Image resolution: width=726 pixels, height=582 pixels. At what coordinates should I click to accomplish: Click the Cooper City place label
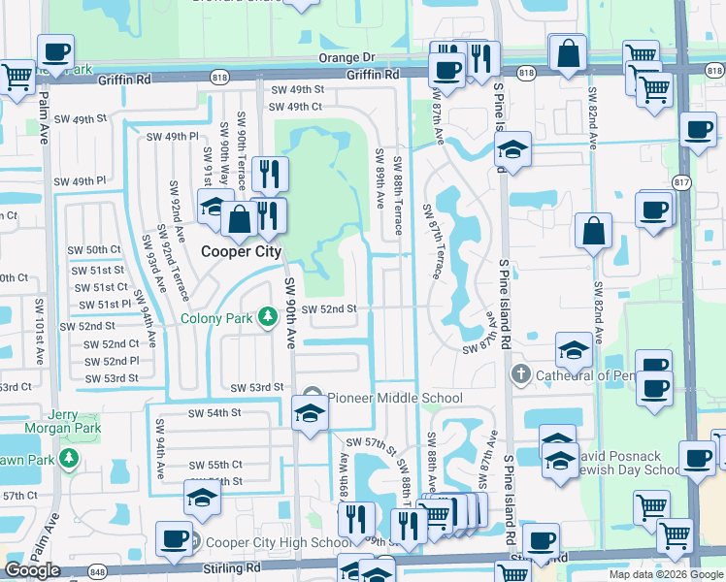pos(241,251)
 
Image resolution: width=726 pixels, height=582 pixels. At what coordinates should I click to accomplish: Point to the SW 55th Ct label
pos(215,465)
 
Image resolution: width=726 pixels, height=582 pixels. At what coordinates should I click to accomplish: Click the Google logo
pos(33,570)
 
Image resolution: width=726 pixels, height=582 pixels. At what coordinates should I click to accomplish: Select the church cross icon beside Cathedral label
pos(521,374)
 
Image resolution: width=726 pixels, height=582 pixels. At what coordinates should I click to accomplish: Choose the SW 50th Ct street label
pos(94,250)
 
